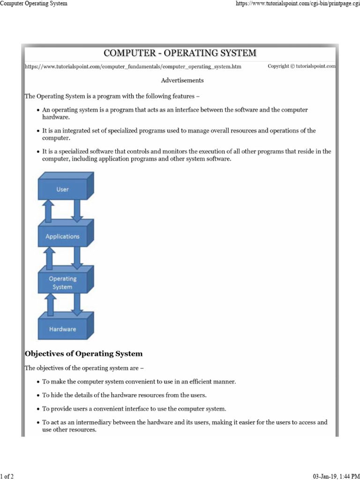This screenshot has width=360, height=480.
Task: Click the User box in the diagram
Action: pos(63,189)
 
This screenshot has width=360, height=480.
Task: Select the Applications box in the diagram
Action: pos(62,237)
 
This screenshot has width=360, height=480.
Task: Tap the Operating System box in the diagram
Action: pos(62,283)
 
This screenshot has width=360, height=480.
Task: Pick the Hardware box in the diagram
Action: pos(62,329)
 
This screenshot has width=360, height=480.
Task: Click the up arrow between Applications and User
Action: pos(48,211)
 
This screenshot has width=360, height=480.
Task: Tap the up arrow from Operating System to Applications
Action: pos(48,258)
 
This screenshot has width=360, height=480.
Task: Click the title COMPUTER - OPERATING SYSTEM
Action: pos(180,53)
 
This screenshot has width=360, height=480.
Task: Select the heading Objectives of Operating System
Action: pos(83,353)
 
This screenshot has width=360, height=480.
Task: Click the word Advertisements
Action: pos(182,80)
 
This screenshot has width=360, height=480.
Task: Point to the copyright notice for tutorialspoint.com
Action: pos(301,67)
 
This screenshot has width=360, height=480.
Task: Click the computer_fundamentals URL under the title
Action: pos(133,67)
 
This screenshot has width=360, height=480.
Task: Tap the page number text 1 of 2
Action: pos(7,477)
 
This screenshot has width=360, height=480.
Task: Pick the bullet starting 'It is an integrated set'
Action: pos(178,131)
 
